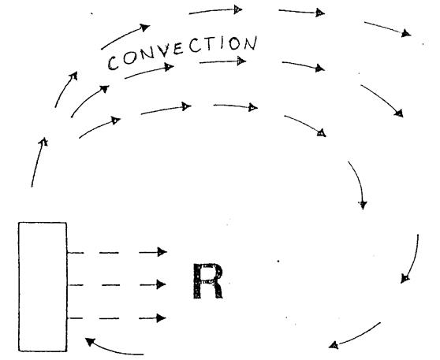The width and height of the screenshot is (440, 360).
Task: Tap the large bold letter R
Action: pyautogui.click(x=208, y=281)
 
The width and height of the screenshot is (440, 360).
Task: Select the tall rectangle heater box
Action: pyautogui.click(x=43, y=287)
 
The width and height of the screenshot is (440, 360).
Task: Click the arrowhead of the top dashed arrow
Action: pyautogui.click(x=162, y=252)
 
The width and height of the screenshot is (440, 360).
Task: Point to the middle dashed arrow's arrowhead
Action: pyautogui.click(x=161, y=284)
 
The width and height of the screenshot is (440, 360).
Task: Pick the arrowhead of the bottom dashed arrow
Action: pyautogui.click(x=161, y=318)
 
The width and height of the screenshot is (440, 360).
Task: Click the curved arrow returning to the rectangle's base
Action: pyautogui.click(x=112, y=348)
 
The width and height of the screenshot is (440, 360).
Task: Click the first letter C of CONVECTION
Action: pyautogui.click(x=114, y=63)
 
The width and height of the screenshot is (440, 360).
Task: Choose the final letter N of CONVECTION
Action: pyautogui.click(x=250, y=43)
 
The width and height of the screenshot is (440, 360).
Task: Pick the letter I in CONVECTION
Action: pyautogui.click(x=222, y=43)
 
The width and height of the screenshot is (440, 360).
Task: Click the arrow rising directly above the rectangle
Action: pyautogui.click(x=38, y=162)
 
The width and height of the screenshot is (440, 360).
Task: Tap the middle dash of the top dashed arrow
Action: pyautogui.click(x=109, y=253)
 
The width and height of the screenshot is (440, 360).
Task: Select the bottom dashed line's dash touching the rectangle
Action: pyautogui.click(x=75, y=318)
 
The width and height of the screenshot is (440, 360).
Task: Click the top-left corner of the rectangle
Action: pyautogui.click(x=18, y=223)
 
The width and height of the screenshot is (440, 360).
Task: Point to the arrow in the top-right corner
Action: pyautogui.click(x=388, y=29)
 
